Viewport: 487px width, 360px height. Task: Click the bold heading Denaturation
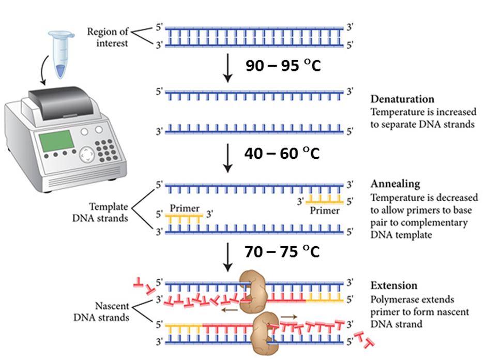pos(403,99)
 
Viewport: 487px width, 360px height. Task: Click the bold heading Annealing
pos(395,184)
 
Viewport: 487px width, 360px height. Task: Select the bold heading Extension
pos(394,286)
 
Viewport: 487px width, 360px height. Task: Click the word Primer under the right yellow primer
pos(325,211)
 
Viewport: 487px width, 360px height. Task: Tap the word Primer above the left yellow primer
pos(184,208)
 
